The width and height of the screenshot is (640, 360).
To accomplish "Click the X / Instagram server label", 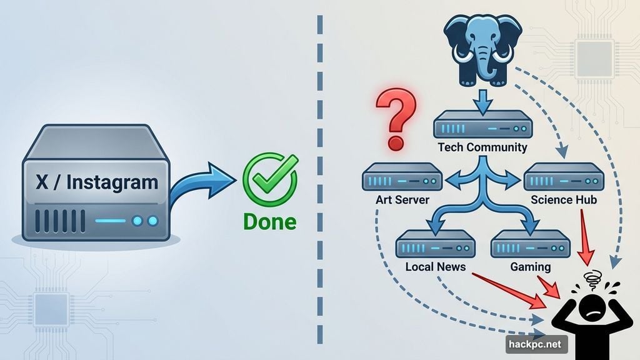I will coord(96,182).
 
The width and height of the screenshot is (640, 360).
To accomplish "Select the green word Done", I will coord(269,222).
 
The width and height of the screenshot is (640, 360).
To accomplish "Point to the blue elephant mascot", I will coord(482,50).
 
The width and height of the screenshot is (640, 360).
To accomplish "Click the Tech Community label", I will coord(482,148).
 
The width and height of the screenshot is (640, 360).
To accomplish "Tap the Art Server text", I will coord(402,200).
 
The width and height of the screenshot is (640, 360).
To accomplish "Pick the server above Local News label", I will coord(435,244).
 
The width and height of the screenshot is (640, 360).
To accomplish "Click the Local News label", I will coord(435,267).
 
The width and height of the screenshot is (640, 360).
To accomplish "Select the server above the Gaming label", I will coord(531,244).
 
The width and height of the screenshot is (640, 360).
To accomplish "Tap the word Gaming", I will coord(531,267).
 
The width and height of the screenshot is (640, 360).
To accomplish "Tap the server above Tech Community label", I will coord(482,124).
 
